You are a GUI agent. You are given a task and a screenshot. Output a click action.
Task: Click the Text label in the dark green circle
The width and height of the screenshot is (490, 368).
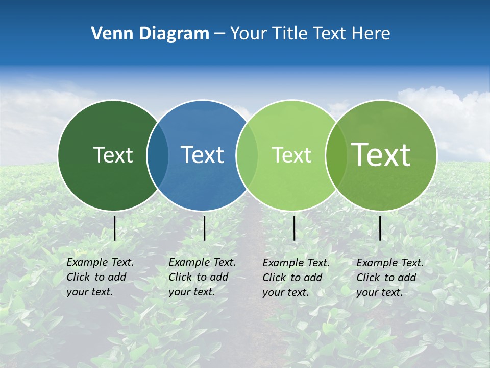coord(113,155)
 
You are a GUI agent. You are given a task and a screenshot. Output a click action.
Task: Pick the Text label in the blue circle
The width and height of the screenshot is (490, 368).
coord(202,155)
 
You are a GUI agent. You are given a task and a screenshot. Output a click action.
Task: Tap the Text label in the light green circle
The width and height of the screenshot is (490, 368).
coord(291,155)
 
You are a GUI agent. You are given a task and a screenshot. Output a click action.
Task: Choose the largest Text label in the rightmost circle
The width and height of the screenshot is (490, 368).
coord(381,155)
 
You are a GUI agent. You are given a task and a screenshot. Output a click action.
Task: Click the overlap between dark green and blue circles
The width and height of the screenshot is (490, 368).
coord(158,155)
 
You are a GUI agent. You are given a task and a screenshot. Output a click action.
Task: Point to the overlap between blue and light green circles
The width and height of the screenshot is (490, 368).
coord(247,155)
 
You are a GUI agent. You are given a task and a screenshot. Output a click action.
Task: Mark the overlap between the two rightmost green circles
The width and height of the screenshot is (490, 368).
coord(336,155)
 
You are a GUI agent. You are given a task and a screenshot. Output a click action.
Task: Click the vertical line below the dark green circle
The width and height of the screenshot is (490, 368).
coord(115,228)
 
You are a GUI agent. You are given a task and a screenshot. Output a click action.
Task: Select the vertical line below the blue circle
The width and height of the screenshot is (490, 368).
coord(204,228)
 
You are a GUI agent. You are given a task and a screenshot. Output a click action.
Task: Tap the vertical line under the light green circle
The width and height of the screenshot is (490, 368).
coord(294,228)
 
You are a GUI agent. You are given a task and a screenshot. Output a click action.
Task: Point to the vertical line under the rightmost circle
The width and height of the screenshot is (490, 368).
coord(380,228)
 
